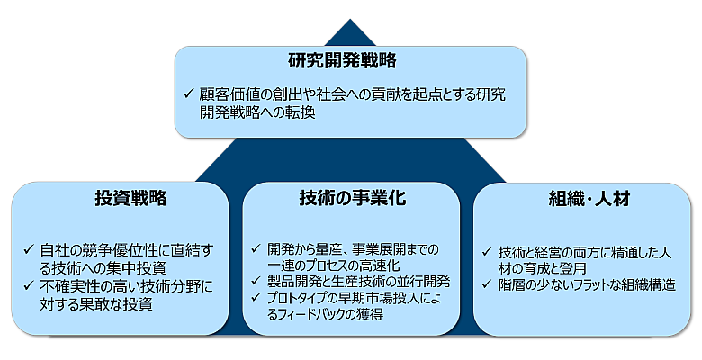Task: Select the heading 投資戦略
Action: point(130,199)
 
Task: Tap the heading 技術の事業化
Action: point(352,199)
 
